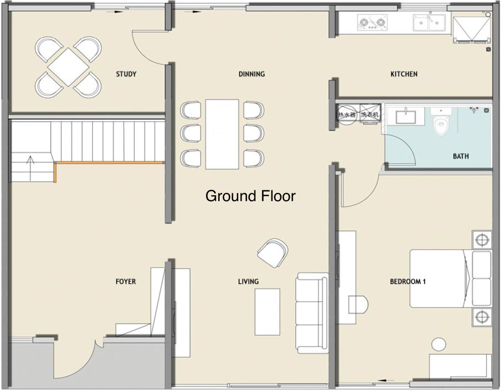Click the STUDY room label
[x=126, y=74]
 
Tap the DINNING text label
[x=251, y=74]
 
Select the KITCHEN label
[x=404, y=74]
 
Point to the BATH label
[x=460, y=156]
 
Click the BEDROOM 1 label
[x=408, y=281]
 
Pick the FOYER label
[x=126, y=281]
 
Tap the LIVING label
[x=248, y=281]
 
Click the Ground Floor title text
[x=250, y=196]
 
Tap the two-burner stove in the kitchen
[x=372, y=22]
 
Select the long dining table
[x=222, y=134]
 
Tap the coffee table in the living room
[x=267, y=312]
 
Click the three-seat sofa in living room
[x=312, y=313]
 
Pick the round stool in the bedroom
[x=438, y=344]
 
